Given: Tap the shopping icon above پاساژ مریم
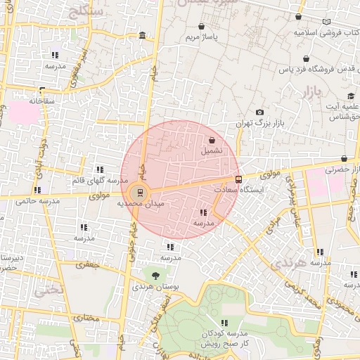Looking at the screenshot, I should pyautogui.click(x=202, y=26).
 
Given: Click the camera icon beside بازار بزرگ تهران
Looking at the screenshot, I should pyautogui.click(x=260, y=112).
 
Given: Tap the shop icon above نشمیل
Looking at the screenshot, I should pyautogui.click(x=212, y=140).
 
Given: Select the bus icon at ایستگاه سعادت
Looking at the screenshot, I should pyautogui.click(x=238, y=179).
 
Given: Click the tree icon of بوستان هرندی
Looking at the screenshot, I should pyautogui.click(x=155, y=276).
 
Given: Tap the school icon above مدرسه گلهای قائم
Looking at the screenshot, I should pyautogui.click(x=100, y=169).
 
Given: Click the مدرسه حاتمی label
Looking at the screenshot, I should pyautogui.click(x=35, y=200).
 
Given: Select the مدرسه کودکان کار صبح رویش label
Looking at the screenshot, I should pyautogui.click(x=226, y=339).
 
